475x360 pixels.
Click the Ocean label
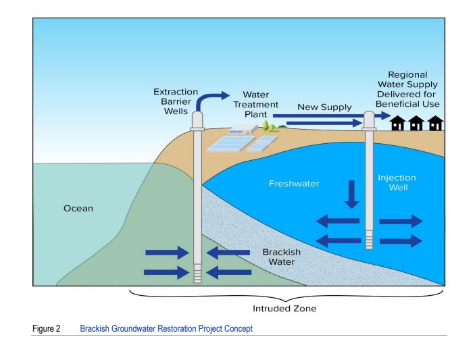coord(78,209)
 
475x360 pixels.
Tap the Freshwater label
coord(294,184)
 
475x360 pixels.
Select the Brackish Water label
coord(282,257)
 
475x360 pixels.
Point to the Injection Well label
coord(397,182)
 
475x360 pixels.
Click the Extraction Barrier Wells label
coord(176,101)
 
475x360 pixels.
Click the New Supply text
coord(324,107)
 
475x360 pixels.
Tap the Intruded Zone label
coord(284,309)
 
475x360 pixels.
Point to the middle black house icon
coord(416,123)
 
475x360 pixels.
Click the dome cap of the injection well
coord(369,120)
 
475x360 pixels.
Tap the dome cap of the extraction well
coord(197,120)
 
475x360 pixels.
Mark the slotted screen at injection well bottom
coord(369,240)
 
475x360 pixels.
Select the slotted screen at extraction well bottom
coord(197,274)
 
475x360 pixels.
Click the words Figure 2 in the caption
coord(47,329)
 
